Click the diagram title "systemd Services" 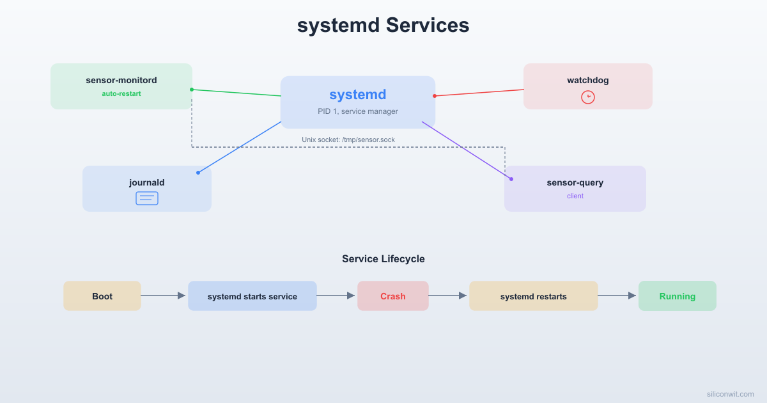pyautogui.click(x=383, y=26)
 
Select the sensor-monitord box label pyautogui.click(x=121, y=80)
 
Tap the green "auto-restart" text pyautogui.click(x=121, y=93)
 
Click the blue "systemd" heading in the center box pyautogui.click(x=358, y=95)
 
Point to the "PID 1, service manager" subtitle pyautogui.click(x=358, y=111)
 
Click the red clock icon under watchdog pyautogui.click(x=588, y=97)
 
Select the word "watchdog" pyautogui.click(x=588, y=80)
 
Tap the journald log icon pyautogui.click(x=147, y=198)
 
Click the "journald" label pyautogui.click(x=147, y=182)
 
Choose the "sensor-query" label pyautogui.click(x=575, y=182)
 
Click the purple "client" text pyautogui.click(x=575, y=196)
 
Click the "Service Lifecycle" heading pyautogui.click(x=383, y=259)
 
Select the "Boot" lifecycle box pyautogui.click(x=102, y=296)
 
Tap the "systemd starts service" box pyautogui.click(x=252, y=296)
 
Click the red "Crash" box pyautogui.click(x=393, y=296)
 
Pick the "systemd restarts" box pyautogui.click(x=534, y=296)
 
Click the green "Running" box pyautogui.click(x=678, y=296)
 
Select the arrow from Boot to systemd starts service pyautogui.click(x=164, y=296)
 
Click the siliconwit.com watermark pyautogui.click(x=730, y=394)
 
